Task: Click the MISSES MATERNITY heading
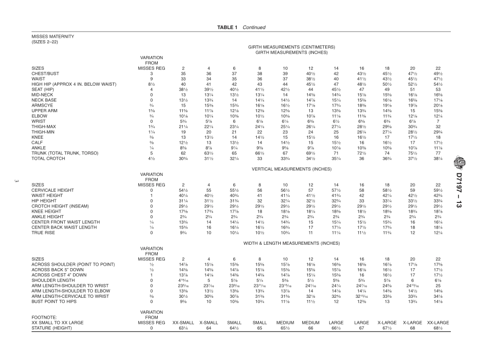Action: tap(53, 36)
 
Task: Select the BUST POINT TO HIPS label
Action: tap(54, 301)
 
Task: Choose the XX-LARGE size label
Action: tap(438, 323)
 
